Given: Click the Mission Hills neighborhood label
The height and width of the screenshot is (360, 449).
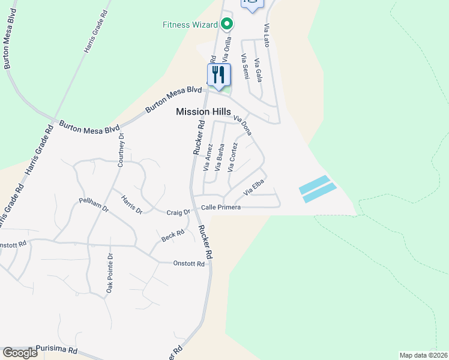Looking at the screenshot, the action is pos(203,112).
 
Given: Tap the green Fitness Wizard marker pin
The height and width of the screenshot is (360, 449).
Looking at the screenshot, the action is pos(227,25).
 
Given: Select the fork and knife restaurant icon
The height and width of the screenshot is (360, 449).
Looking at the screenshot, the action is pos(218,75).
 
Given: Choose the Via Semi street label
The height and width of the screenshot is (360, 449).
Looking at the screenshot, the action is pos(245,66).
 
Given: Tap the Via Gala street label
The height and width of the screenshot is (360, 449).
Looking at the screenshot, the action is pos(258,70).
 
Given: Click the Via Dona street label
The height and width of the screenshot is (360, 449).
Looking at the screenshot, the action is pos(243,125).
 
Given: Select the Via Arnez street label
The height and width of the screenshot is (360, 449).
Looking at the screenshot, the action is pos(208,157).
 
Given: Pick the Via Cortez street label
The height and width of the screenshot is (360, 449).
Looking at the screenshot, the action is pos(233,156).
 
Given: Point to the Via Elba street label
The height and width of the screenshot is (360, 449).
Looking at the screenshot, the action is pos(253,191).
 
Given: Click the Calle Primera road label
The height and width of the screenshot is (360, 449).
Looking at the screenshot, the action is pos(221,208).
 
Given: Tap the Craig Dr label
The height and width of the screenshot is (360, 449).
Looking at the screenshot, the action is pos(178,212).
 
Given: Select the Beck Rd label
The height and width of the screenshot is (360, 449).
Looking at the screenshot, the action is pos(172,238).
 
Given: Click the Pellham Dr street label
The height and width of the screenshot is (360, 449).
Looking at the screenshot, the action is pos(93,205).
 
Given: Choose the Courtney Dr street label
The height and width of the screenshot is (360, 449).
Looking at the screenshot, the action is pos(121,149).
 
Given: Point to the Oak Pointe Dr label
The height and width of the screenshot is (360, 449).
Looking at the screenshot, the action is pos(110,273).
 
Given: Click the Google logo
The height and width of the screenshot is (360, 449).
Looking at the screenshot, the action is pos(20,353).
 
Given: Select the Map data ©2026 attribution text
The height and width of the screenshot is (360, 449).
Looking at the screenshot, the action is pos(423,355).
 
